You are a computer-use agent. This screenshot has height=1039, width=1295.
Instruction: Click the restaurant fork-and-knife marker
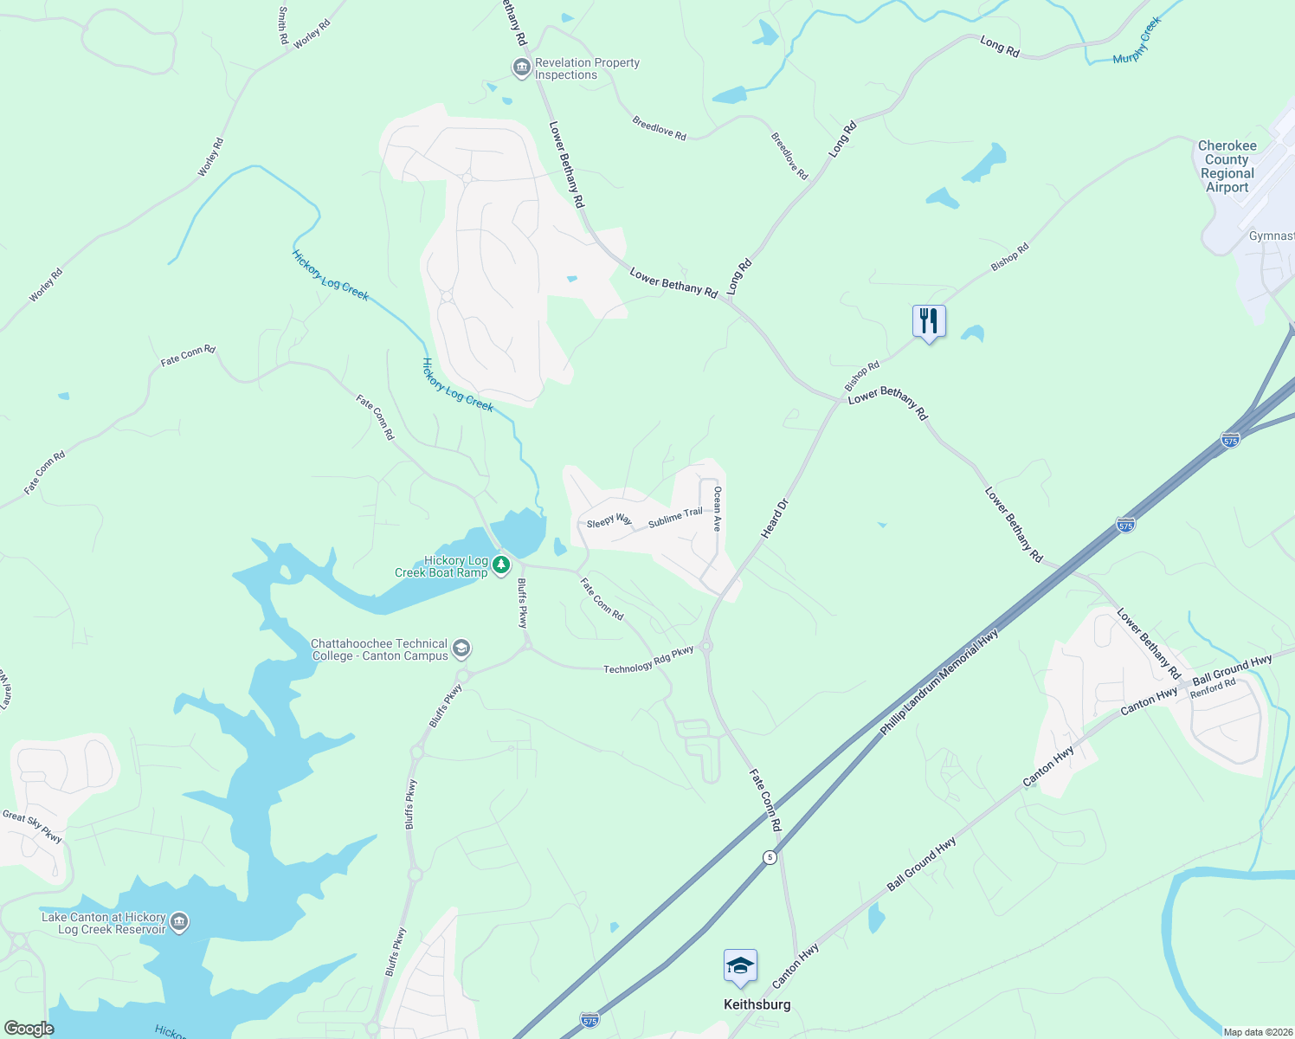point(929,322)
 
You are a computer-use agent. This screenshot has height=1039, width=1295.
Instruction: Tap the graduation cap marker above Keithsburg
point(740,966)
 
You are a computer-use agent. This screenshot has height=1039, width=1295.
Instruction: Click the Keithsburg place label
point(757,1004)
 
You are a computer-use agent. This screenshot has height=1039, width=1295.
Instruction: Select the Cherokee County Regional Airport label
point(1227,166)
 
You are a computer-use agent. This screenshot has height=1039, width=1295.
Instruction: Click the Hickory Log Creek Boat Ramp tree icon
point(501,566)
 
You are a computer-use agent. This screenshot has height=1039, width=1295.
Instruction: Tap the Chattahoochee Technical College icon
point(461,649)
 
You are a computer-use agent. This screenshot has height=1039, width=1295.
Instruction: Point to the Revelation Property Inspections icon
point(521,68)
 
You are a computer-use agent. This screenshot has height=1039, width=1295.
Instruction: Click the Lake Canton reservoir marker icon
point(179,922)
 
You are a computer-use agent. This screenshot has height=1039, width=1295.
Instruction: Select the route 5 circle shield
point(770,857)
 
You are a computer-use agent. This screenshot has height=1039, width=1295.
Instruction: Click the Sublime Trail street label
point(675,518)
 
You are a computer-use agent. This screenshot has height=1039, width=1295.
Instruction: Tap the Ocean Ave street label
point(717,508)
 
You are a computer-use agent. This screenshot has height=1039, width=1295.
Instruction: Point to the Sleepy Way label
point(609,521)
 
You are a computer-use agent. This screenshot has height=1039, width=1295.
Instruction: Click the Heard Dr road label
point(776,519)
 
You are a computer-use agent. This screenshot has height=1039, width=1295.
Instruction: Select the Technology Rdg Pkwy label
point(648,660)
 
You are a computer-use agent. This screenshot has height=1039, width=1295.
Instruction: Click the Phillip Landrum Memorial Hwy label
point(939,683)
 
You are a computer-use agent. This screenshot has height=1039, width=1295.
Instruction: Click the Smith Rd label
point(283,26)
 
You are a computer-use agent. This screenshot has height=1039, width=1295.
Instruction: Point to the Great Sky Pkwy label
point(33,826)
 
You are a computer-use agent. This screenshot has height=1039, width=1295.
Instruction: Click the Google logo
point(29,1029)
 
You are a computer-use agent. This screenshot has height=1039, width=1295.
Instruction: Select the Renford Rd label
point(1213,688)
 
